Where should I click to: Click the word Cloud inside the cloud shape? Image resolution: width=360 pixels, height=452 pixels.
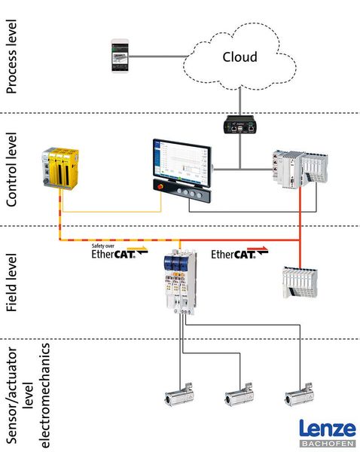pos(239,57)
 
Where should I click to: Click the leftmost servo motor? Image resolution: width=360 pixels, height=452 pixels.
pos(184,397)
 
